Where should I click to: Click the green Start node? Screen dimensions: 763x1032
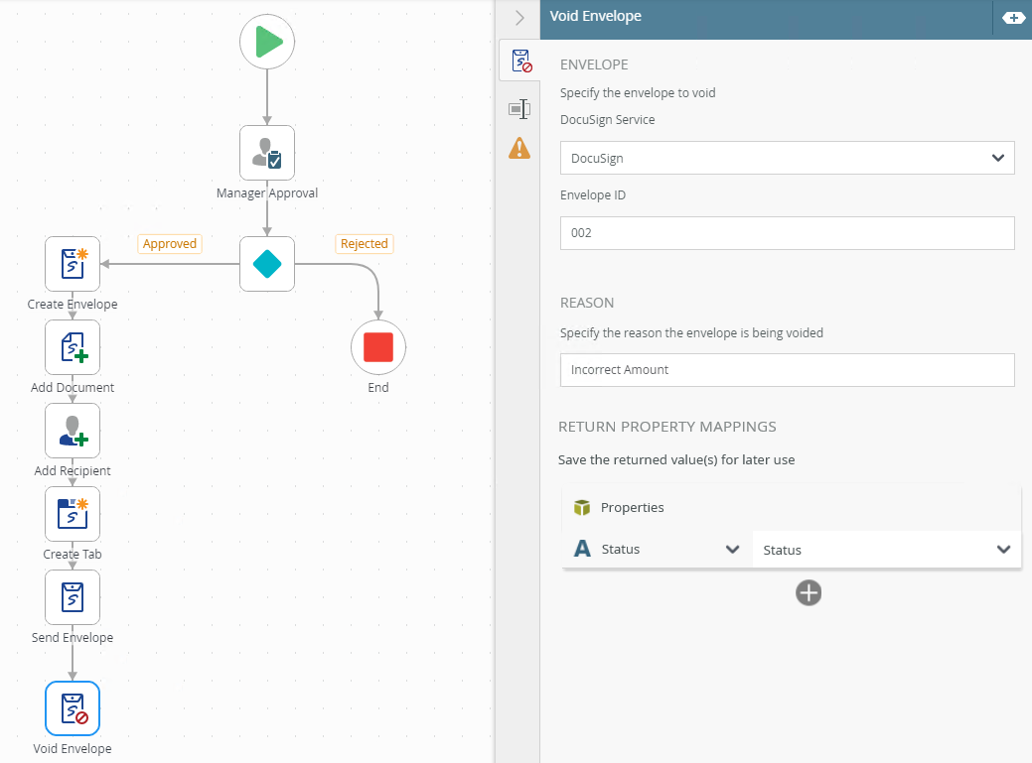[267, 42]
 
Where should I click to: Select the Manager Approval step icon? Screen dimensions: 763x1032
[267, 153]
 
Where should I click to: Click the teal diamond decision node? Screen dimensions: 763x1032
[267, 264]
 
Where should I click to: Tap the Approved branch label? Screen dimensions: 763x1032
[170, 244]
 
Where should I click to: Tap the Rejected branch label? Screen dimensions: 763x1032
[365, 244]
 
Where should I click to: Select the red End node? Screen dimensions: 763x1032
[378, 347]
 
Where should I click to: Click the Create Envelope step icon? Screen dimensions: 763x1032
[73, 264]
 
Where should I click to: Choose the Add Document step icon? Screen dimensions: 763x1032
[73, 347]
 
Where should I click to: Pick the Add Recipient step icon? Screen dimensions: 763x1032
[73, 431]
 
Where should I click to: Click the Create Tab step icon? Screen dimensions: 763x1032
[73, 514]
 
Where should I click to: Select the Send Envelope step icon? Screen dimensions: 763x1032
[73, 597]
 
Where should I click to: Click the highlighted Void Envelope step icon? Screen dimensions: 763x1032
[73, 708]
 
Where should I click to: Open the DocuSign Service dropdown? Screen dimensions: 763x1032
[787, 158]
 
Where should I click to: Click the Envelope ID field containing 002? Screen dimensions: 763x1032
[787, 233]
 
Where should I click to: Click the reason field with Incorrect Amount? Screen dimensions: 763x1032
[787, 370]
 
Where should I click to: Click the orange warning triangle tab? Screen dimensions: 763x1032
[518, 149]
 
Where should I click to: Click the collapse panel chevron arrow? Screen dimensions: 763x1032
[518, 18]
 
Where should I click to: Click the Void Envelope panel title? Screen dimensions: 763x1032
[596, 17]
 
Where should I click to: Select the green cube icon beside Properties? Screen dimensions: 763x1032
[582, 508]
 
